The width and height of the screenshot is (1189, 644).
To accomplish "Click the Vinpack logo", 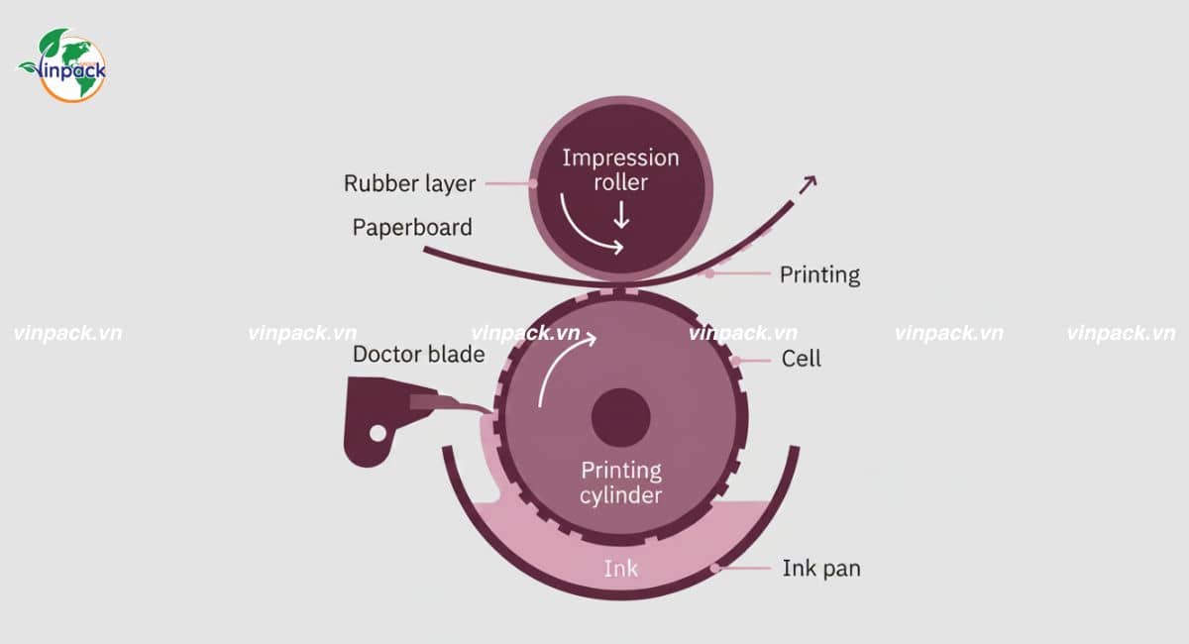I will click(62, 65).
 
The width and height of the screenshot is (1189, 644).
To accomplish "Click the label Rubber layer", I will click(409, 183).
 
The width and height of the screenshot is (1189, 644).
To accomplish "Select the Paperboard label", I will click(412, 227).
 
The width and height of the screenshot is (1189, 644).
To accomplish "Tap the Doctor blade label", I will click(419, 355).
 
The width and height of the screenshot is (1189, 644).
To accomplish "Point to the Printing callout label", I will click(819, 274).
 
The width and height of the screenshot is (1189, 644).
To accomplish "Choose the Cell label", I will click(802, 358).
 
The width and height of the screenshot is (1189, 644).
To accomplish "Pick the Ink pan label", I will click(821, 568).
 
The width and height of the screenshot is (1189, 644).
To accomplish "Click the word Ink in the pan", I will click(621, 568).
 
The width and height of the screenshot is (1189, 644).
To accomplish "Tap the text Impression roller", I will click(620, 169).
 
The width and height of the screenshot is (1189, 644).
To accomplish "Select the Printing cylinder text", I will click(621, 483).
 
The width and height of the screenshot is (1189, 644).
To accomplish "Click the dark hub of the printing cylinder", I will click(621, 417).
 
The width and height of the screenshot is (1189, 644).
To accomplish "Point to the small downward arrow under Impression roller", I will click(621, 214).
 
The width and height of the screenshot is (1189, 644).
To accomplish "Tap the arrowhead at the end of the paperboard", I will click(809, 182).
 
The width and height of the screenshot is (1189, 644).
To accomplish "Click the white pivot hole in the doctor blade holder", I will click(377, 432).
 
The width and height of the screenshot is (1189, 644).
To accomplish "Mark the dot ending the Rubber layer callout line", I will click(533, 183).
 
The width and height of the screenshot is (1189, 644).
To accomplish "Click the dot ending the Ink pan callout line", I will click(715, 568).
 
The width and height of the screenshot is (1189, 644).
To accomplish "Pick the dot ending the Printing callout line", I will click(709, 273).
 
